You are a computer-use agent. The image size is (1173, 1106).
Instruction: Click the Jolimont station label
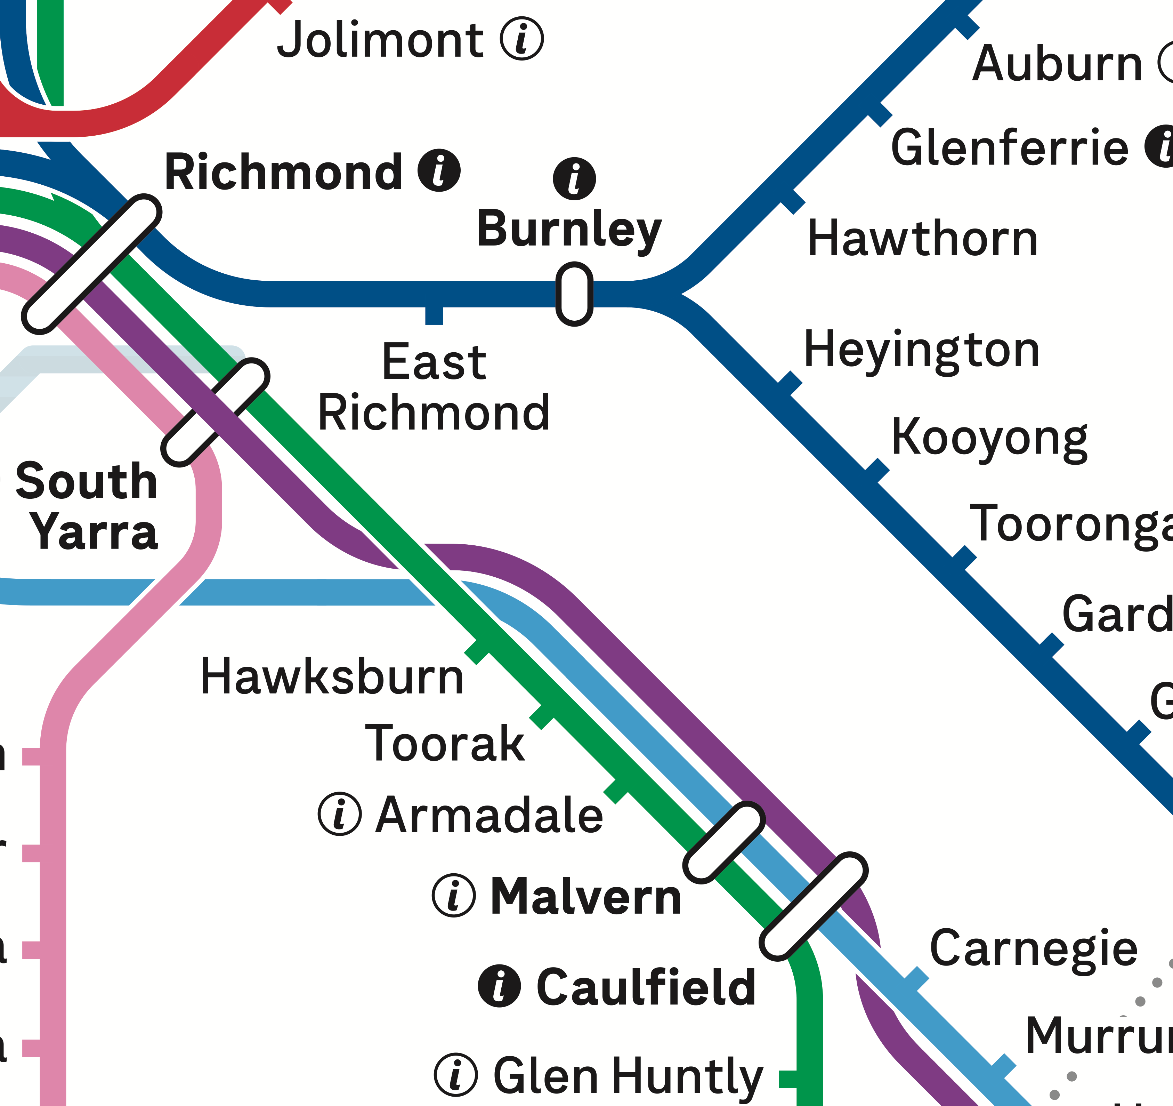[x=381, y=40]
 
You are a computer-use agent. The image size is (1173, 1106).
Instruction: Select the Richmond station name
[x=283, y=172]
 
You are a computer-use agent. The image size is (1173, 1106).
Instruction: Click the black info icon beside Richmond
[x=439, y=170]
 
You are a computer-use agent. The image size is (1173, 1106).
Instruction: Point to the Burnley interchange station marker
[x=574, y=294]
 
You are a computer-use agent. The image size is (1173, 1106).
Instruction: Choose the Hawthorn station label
[x=922, y=239]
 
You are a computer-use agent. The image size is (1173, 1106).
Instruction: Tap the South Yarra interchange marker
[x=215, y=411]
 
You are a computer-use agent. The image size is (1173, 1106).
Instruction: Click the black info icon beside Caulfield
[x=499, y=986]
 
